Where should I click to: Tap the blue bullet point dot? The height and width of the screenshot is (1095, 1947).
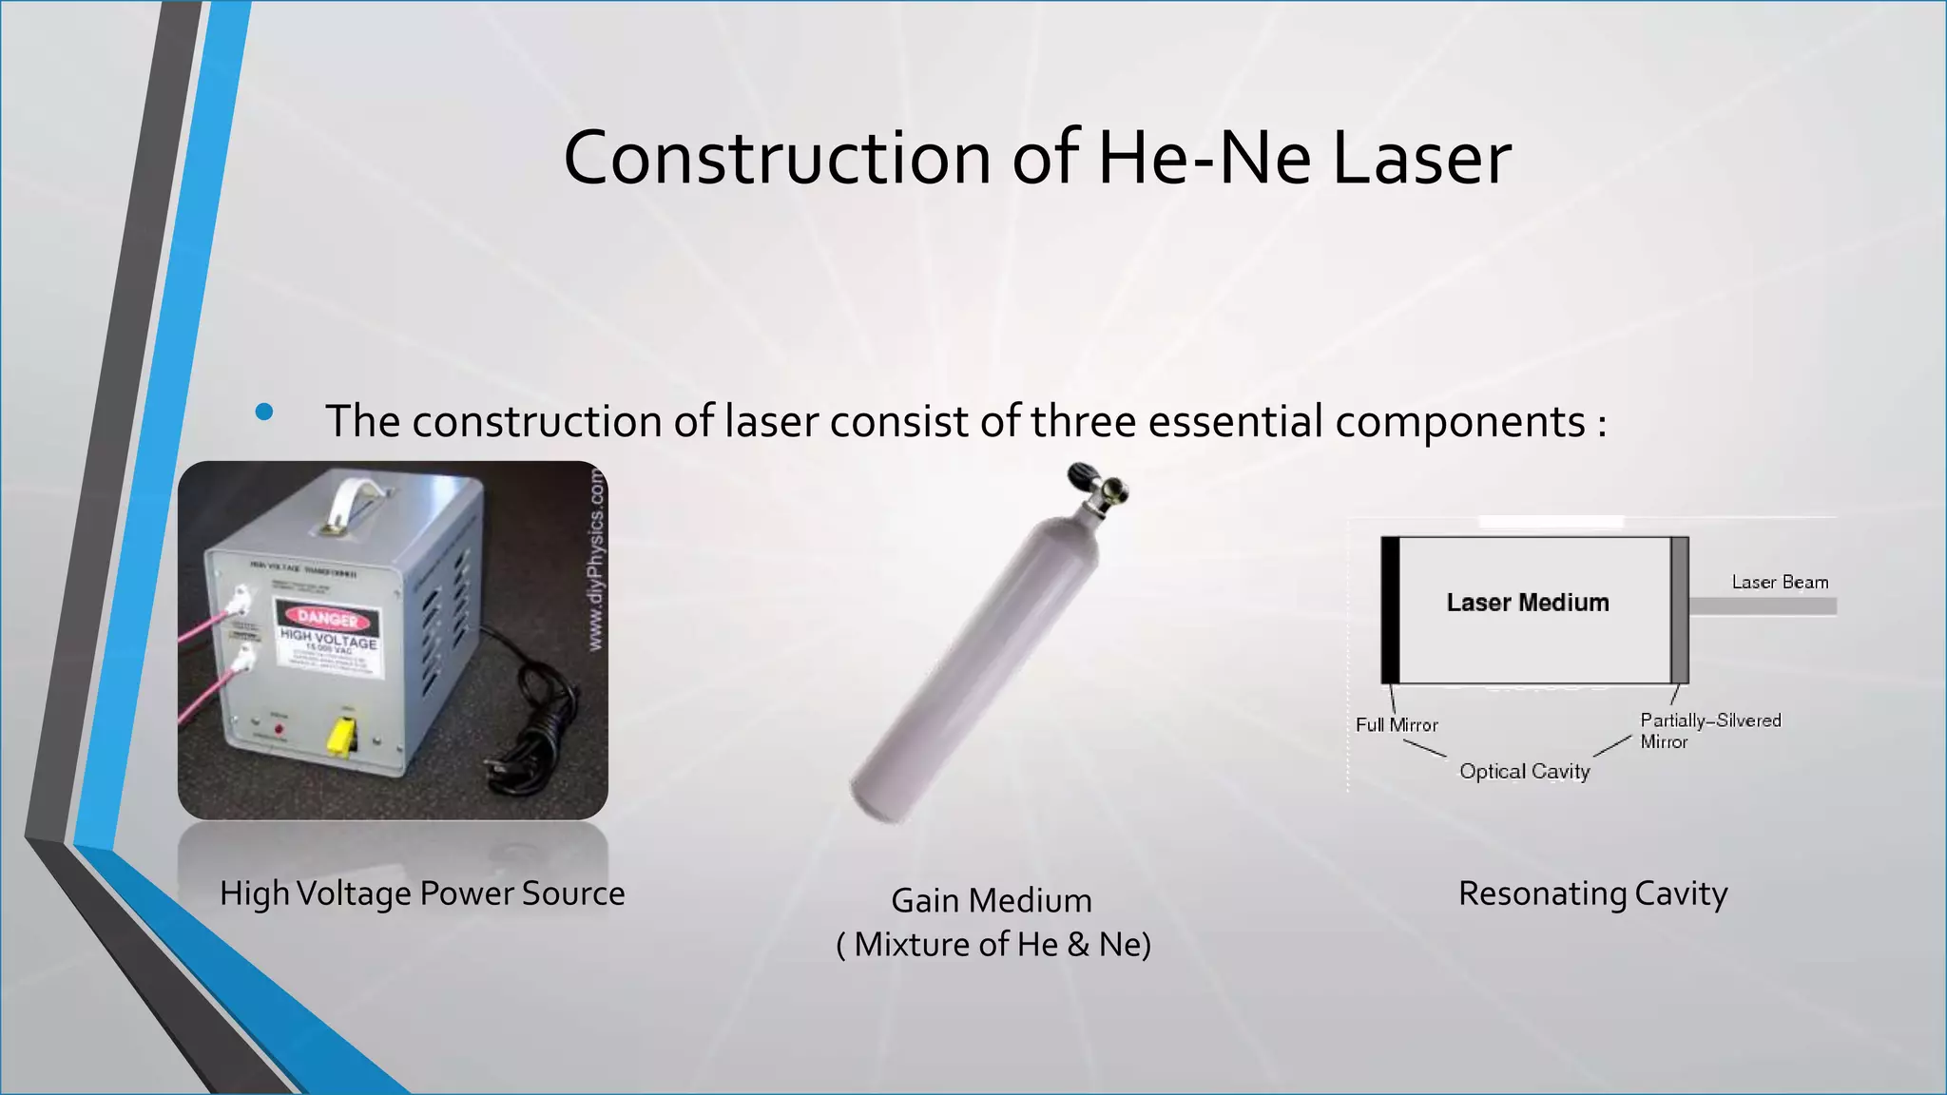pyautogui.click(x=264, y=412)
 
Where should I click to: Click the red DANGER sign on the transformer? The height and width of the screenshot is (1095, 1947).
pyautogui.click(x=329, y=619)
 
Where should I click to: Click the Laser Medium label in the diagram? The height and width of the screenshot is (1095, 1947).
pyautogui.click(x=1528, y=603)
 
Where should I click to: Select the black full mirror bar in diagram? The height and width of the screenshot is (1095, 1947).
pyautogui.click(x=1390, y=609)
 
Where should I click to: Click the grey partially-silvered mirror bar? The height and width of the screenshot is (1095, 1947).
pyautogui.click(x=1680, y=609)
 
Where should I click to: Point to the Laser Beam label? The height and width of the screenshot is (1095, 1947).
pyautogui.click(x=1780, y=582)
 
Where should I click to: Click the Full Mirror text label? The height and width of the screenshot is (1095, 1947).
pyautogui.click(x=1397, y=725)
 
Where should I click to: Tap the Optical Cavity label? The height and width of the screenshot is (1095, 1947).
pyautogui.click(x=1524, y=771)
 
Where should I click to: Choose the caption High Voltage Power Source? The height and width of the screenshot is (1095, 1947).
pyautogui.click(x=422, y=893)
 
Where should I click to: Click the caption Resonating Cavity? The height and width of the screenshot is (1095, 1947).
pyautogui.click(x=1592, y=893)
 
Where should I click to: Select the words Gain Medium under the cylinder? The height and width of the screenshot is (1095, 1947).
pyautogui.click(x=992, y=900)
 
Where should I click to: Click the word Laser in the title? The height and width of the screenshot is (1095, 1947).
pyautogui.click(x=1421, y=158)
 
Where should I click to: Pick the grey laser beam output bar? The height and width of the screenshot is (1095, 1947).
pyautogui.click(x=1763, y=605)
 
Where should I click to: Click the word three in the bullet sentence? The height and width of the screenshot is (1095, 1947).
pyautogui.click(x=1083, y=421)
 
